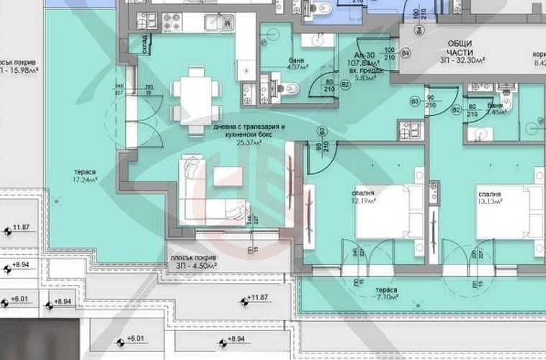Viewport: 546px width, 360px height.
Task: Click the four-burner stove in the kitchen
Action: [x=172, y=20]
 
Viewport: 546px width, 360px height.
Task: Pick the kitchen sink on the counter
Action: [x=215, y=21]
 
